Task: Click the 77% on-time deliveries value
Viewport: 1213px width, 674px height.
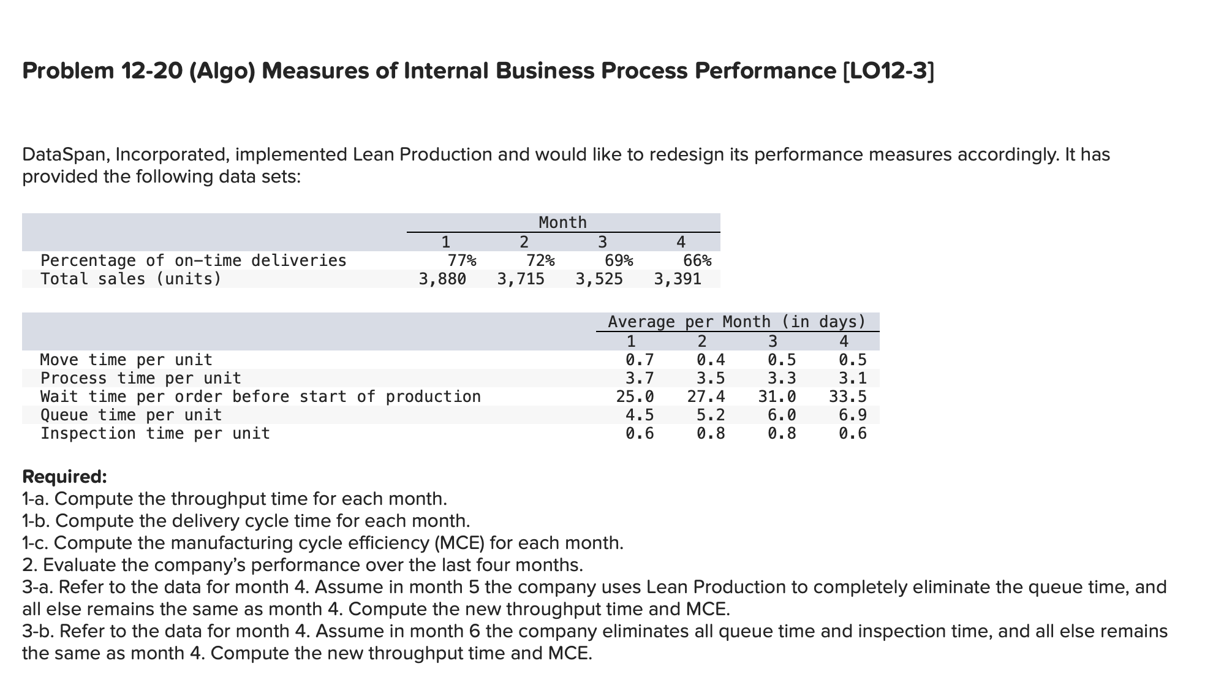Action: (x=461, y=260)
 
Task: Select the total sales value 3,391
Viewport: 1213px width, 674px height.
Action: (x=678, y=279)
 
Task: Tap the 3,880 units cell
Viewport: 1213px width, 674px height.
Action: (x=442, y=279)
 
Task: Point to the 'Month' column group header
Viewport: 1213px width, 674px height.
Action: (x=562, y=222)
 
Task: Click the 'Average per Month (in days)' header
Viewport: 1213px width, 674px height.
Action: (x=736, y=322)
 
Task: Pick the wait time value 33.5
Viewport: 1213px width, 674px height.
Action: (x=848, y=396)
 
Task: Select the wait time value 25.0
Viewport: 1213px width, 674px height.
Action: (x=635, y=396)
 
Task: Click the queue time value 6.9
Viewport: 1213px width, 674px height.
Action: (x=853, y=415)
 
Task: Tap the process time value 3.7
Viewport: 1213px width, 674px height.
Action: (x=640, y=378)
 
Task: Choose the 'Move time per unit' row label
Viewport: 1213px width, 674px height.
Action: (x=126, y=360)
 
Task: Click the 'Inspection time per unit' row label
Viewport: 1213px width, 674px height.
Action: (x=155, y=433)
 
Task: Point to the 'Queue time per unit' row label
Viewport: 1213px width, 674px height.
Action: (x=131, y=415)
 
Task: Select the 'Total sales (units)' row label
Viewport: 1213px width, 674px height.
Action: (x=131, y=279)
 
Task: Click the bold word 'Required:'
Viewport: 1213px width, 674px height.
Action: (x=64, y=476)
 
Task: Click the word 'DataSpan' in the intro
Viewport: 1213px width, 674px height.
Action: (x=64, y=154)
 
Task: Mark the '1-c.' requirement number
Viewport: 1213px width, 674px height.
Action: (x=36, y=543)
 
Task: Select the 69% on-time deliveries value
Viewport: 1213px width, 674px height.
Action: (x=619, y=260)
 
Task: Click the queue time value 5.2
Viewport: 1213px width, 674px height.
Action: (x=711, y=415)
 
